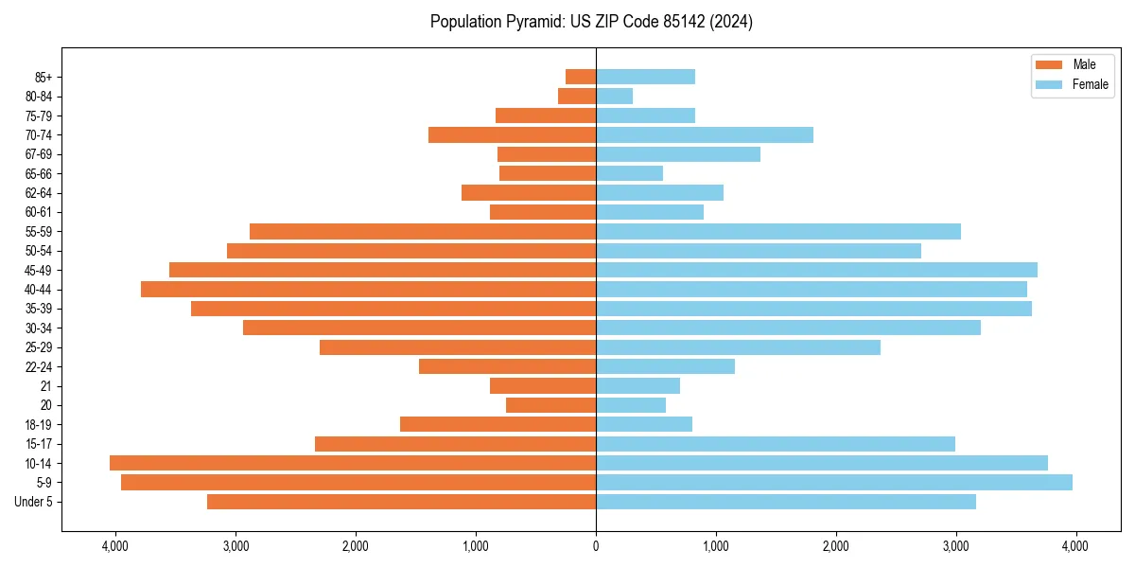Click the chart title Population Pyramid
591,22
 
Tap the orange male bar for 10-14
353,463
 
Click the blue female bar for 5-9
833,482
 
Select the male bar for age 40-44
368,289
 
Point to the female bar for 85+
645,77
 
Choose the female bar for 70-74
704,134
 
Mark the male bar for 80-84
577,96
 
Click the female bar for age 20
630,405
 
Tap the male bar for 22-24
507,366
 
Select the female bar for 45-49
816,270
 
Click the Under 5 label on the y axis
34,502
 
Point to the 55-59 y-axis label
39,231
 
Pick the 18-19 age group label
39,424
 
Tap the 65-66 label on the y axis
39,173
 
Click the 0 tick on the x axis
596,546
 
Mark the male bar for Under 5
401,502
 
